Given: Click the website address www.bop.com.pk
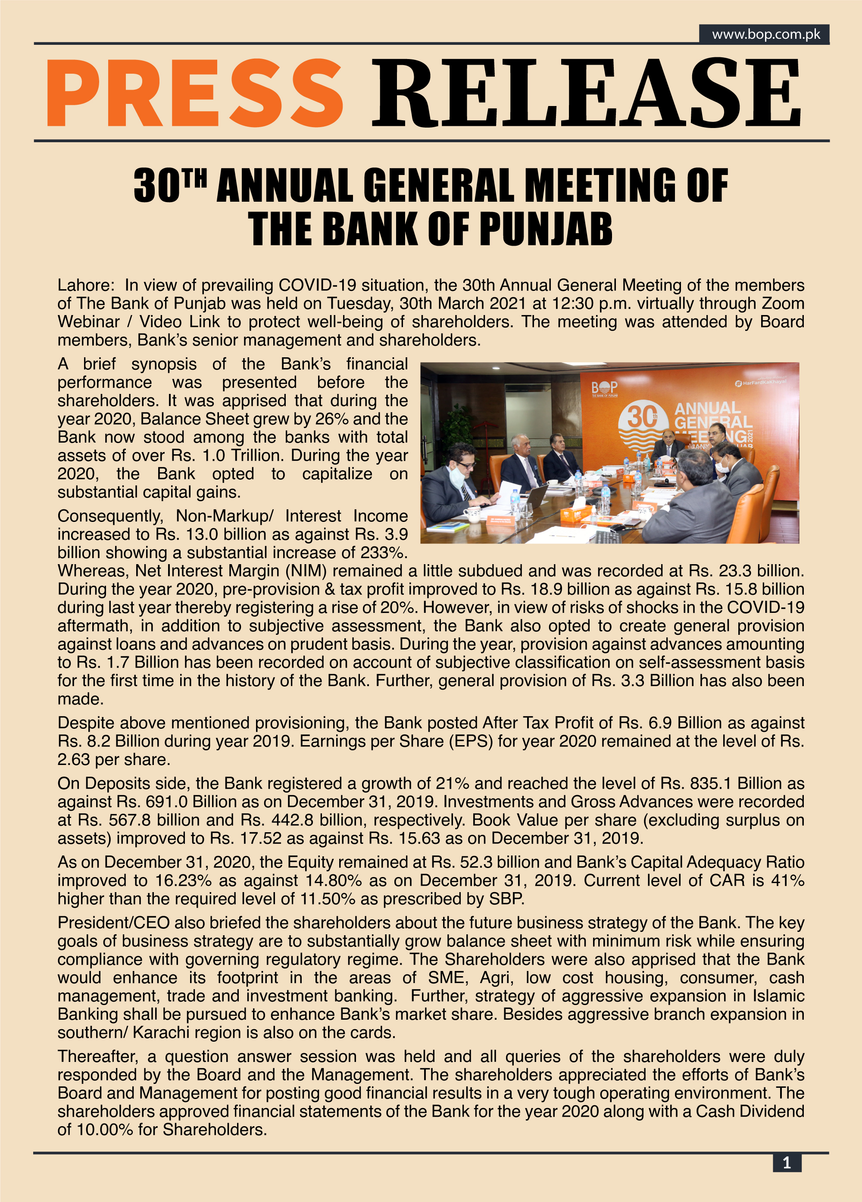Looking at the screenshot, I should click(x=765, y=34).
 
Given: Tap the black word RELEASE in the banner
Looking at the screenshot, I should click(x=586, y=93).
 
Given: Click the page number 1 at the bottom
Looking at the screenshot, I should click(x=787, y=1163).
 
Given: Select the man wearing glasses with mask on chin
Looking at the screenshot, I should click(x=459, y=466).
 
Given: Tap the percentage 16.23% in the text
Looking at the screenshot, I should click(x=183, y=880).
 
